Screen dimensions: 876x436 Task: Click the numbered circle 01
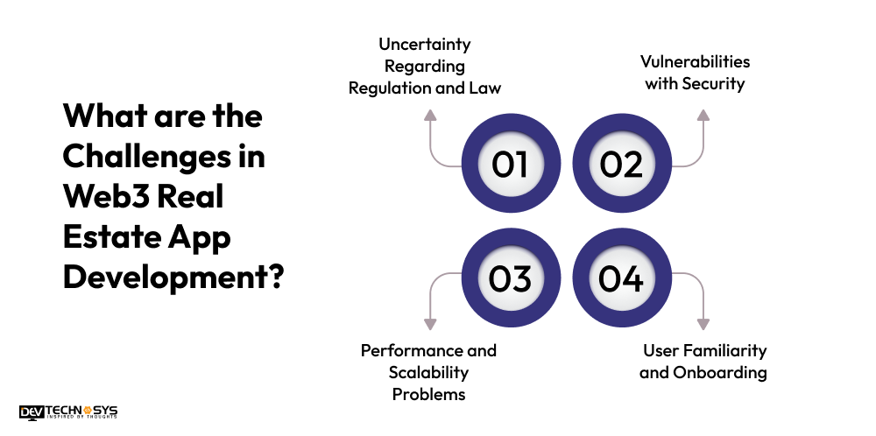(512, 164)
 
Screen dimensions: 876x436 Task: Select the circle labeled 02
(622, 164)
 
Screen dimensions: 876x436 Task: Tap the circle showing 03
(512, 278)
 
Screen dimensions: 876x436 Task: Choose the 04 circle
(622, 278)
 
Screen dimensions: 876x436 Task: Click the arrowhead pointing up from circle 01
(429, 115)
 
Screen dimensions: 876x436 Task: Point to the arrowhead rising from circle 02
(703, 115)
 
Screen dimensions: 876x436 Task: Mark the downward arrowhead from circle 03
(429, 324)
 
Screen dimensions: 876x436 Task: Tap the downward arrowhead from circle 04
(703, 324)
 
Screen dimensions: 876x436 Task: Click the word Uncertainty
(425, 45)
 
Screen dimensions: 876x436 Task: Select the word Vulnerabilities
(695, 61)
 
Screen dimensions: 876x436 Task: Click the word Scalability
(428, 372)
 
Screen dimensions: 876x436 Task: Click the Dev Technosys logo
(68, 412)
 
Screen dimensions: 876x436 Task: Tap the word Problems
(428, 394)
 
